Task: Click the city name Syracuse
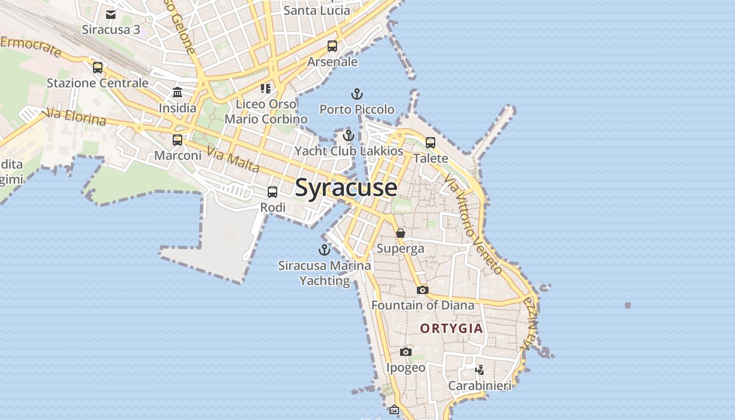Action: (346, 187)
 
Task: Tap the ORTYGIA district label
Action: (451, 329)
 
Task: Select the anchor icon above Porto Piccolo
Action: (357, 94)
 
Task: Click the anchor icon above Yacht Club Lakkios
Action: (348, 136)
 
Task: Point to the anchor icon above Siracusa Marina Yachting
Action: (324, 250)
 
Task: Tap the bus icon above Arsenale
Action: (332, 46)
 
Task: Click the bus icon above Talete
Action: (430, 142)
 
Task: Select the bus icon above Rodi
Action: (272, 192)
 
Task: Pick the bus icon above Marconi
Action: (177, 140)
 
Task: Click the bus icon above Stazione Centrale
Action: (98, 68)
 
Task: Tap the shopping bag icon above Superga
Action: (401, 233)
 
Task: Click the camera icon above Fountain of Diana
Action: (423, 290)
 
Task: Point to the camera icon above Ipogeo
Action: (406, 352)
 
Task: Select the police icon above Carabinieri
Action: (479, 370)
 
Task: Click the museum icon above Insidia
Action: (177, 92)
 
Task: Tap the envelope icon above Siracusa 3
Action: (111, 15)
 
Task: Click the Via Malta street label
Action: (233, 160)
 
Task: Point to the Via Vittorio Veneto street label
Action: (473, 225)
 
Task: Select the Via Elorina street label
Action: (76, 117)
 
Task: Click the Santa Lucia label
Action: (317, 10)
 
